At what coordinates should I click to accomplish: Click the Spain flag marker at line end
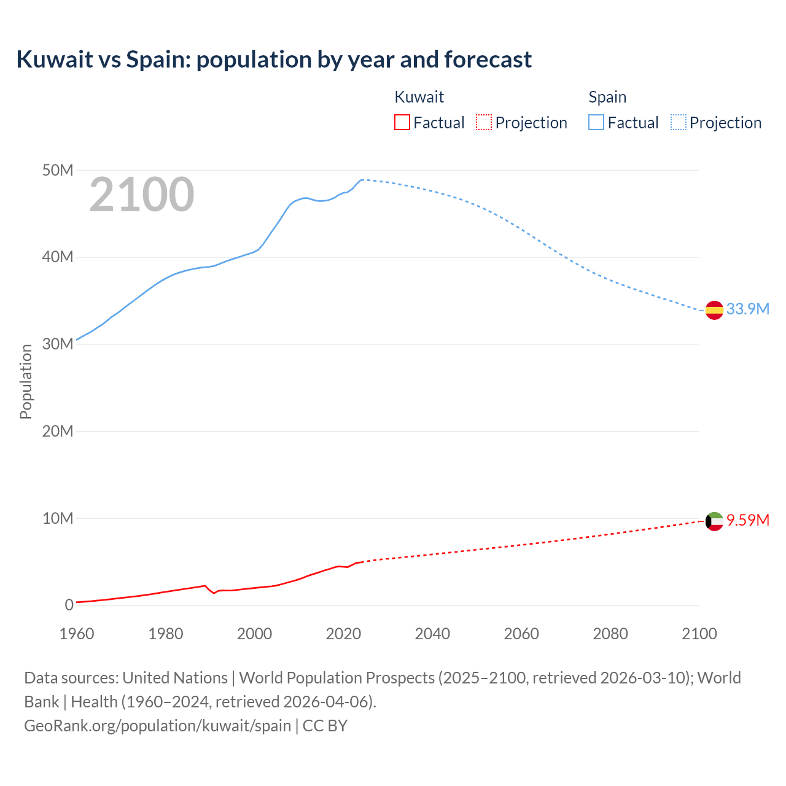[x=714, y=310]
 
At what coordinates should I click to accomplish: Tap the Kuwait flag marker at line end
[x=714, y=521]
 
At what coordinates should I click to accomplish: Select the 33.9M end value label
[x=747, y=309]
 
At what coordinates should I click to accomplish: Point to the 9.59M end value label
[x=747, y=520]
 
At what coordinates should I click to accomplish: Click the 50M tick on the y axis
[x=58, y=170]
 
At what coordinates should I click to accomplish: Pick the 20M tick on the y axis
[x=58, y=431]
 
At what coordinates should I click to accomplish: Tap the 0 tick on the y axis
[x=69, y=605]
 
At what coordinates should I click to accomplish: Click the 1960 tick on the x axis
[x=77, y=634]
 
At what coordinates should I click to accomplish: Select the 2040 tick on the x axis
[x=432, y=634]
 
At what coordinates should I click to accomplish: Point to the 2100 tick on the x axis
[x=699, y=634]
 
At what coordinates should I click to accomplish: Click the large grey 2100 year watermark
[x=142, y=195]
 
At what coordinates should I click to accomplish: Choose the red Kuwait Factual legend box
[x=402, y=123]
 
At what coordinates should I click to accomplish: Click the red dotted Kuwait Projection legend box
[x=484, y=123]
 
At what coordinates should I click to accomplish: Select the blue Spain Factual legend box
[x=596, y=123]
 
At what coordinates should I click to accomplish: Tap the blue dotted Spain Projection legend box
[x=679, y=123]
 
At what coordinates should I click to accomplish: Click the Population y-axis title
[x=26, y=381]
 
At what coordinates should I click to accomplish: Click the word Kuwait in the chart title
[x=54, y=60]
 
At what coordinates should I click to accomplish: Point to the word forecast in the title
[x=488, y=60]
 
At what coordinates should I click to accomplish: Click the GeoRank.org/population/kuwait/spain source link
[x=157, y=725]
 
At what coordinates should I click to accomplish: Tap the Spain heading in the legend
[x=607, y=97]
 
